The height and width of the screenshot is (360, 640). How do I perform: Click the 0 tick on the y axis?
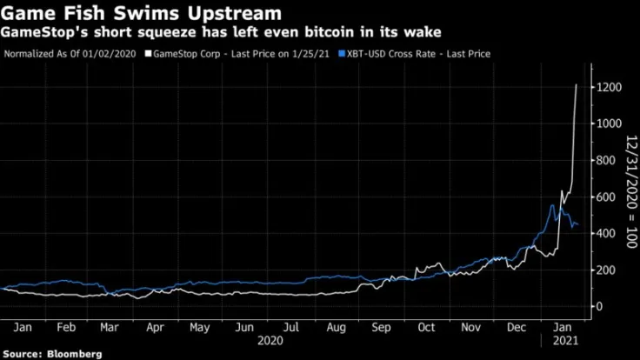click(597, 306)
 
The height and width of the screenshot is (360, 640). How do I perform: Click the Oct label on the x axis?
click(426, 329)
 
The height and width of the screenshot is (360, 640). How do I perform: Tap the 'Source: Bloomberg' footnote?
click(51, 354)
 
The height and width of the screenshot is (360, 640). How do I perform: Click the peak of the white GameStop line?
click(577, 85)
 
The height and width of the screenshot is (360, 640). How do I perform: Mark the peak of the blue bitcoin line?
click(552, 205)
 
